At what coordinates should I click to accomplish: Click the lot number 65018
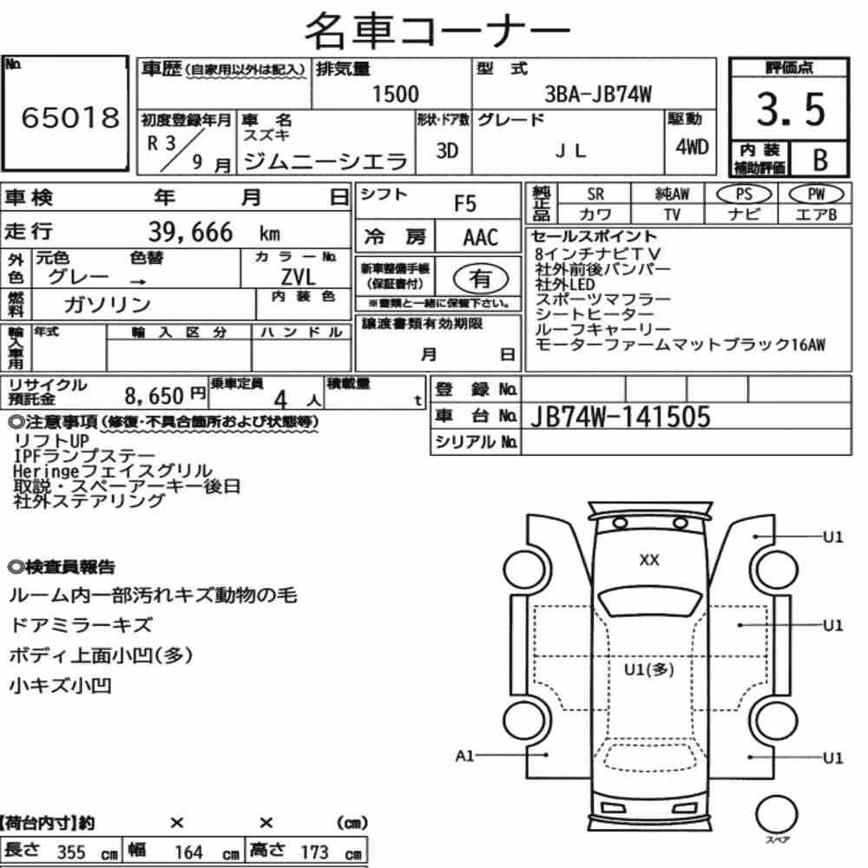[x=70, y=117]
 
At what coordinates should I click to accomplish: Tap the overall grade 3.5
[x=791, y=109]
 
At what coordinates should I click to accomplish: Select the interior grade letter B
[x=820, y=160]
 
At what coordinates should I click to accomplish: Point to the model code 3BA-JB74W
[x=598, y=94]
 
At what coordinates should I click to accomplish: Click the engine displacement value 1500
[x=395, y=94]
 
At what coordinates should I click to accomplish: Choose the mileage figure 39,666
[x=190, y=232]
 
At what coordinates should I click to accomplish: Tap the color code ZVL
[x=298, y=276]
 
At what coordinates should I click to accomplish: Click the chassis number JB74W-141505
[x=620, y=417]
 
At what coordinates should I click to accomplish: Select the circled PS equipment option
[x=744, y=194]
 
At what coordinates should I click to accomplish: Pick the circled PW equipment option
[x=816, y=194]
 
